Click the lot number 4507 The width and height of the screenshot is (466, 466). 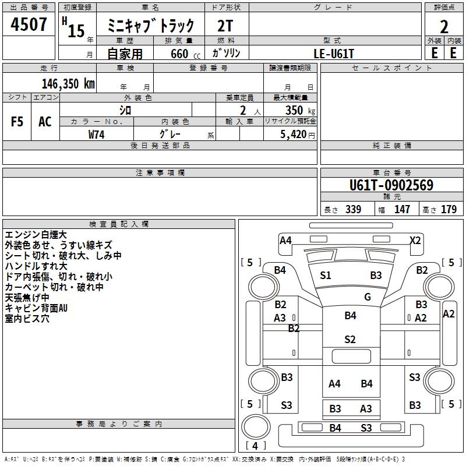(29, 26)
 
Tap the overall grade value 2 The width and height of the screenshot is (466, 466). (444, 26)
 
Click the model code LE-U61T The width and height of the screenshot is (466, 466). (334, 53)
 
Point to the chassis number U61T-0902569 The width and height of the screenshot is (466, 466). (391, 186)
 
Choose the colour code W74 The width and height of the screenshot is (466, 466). (97, 135)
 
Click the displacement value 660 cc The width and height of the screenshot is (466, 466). (179, 54)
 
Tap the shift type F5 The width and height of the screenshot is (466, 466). (17, 122)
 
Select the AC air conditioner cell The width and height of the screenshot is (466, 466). (45, 122)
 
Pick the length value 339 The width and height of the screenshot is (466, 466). (351, 209)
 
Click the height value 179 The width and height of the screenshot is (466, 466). (449, 209)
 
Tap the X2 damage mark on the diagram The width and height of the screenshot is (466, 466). (415, 240)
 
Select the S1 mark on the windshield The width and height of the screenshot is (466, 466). (326, 276)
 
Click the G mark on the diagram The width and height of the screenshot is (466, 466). (368, 296)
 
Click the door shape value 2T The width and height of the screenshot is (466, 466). (225, 26)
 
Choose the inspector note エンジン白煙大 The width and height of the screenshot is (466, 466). (36, 234)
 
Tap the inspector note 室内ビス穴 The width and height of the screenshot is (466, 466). (27, 319)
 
